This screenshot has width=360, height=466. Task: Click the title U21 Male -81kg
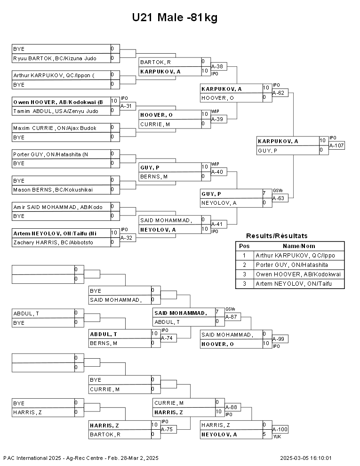click(175, 17)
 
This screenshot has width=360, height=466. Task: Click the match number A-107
click(336, 145)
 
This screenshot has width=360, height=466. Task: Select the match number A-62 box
click(280, 93)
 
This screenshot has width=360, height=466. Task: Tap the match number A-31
click(128, 106)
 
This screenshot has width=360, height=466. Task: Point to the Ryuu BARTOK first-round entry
click(55, 58)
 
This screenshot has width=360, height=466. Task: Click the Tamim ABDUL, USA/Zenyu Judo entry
click(56, 111)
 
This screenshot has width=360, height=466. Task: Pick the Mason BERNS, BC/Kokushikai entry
click(53, 190)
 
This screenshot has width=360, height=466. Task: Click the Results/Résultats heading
click(277, 236)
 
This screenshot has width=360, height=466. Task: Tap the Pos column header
click(244, 246)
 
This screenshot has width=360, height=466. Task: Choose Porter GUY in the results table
click(292, 265)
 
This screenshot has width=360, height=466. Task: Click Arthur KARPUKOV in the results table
click(295, 255)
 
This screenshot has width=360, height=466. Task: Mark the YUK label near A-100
click(277, 436)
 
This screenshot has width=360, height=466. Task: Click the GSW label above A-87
click(230, 309)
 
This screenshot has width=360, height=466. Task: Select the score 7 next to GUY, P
click(264, 193)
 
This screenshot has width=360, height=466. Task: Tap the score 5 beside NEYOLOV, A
click(264, 434)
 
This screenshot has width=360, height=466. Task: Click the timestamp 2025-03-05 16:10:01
click(305, 458)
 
